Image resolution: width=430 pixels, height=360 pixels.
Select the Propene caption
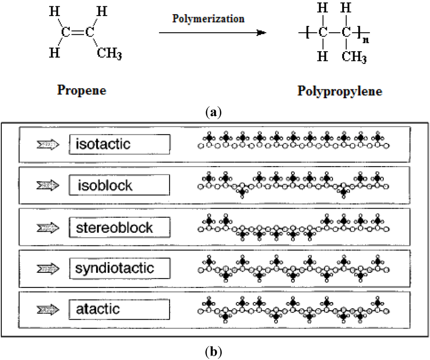[x=81, y=90]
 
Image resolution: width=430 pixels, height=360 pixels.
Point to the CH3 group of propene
[x=110, y=53]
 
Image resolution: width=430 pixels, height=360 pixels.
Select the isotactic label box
[x=120, y=144]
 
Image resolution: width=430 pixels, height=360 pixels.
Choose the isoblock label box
[x=120, y=185]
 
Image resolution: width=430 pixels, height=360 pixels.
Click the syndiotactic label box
[x=120, y=267]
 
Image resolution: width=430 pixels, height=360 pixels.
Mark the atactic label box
[x=120, y=309]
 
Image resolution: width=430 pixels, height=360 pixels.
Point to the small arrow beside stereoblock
[x=48, y=227]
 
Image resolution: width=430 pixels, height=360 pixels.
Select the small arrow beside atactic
[x=48, y=310]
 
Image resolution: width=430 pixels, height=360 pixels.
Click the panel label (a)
[x=215, y=112]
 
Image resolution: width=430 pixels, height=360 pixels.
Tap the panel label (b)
[x=215, y=350]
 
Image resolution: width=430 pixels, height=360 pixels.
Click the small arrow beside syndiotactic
[x=48, y=268]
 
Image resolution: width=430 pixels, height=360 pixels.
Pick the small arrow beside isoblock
[x=48, y=185]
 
